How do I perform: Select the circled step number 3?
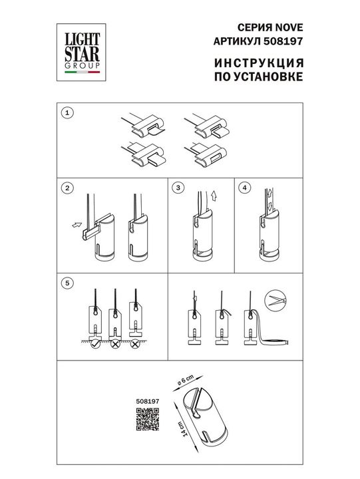coord(178,188)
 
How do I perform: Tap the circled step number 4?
coord(244,188)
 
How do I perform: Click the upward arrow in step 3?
coord(212,197)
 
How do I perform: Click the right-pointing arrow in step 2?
coord(75,226)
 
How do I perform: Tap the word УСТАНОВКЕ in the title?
coord(268,77)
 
